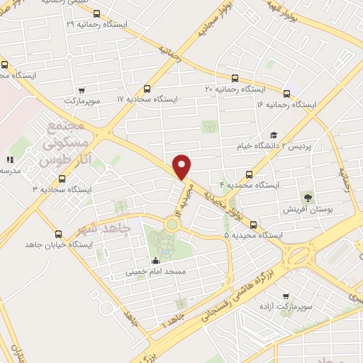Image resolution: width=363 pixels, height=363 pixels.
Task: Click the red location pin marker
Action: tap(182, 167)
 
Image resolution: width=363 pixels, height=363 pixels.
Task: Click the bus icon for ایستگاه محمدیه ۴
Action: tap(248, 174)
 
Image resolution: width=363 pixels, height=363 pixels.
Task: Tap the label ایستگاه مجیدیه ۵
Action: tap(255, 234)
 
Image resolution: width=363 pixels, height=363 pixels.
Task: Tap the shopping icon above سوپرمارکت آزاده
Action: tap(286, 296)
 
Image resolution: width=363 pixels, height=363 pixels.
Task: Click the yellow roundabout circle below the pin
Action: tap(172, 225)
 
